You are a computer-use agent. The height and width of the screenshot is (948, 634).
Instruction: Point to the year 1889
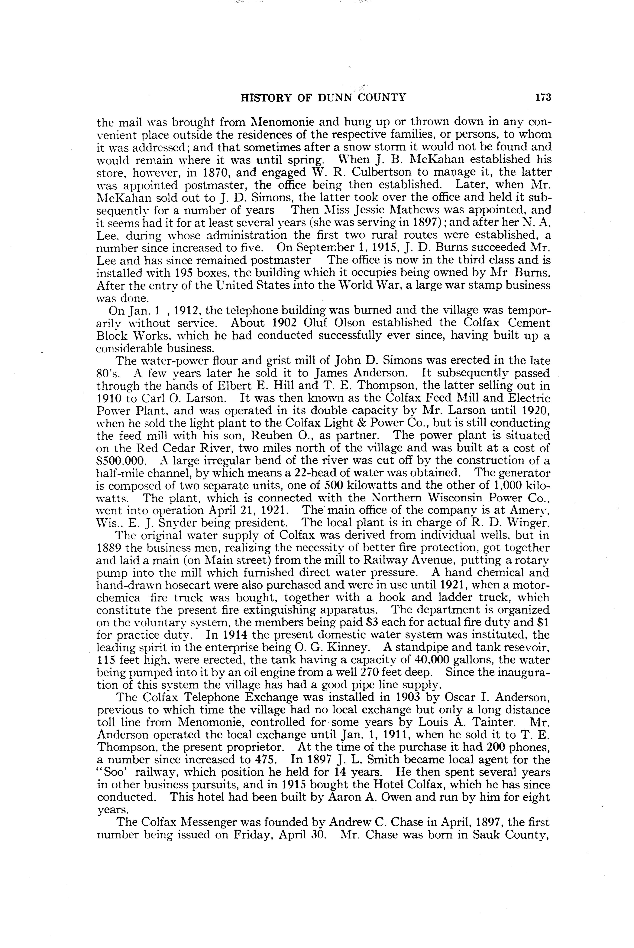(x=109, y=548)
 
